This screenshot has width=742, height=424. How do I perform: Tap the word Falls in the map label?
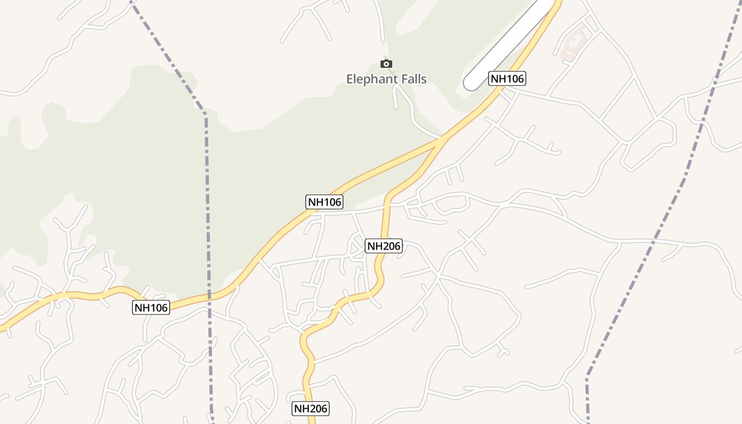(409, 79)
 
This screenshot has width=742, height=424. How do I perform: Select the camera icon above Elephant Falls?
(387, 64)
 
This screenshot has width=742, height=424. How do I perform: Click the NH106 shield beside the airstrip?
(507, 79)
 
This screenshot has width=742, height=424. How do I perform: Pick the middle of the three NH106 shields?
(325, 201)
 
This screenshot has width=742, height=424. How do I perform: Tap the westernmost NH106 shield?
(151, 307)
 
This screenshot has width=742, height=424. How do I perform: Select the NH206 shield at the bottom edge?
(311, 409)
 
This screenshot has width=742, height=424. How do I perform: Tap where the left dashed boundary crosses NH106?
(209, 297)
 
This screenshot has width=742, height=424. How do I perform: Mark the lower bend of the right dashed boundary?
(588, 375)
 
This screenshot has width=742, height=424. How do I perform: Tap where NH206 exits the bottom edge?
(312, 422)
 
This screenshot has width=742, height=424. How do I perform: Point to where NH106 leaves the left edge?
(2, 328)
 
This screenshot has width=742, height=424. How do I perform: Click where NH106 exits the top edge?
(558, 2)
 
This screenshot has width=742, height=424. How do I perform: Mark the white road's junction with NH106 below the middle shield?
(309, 213)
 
